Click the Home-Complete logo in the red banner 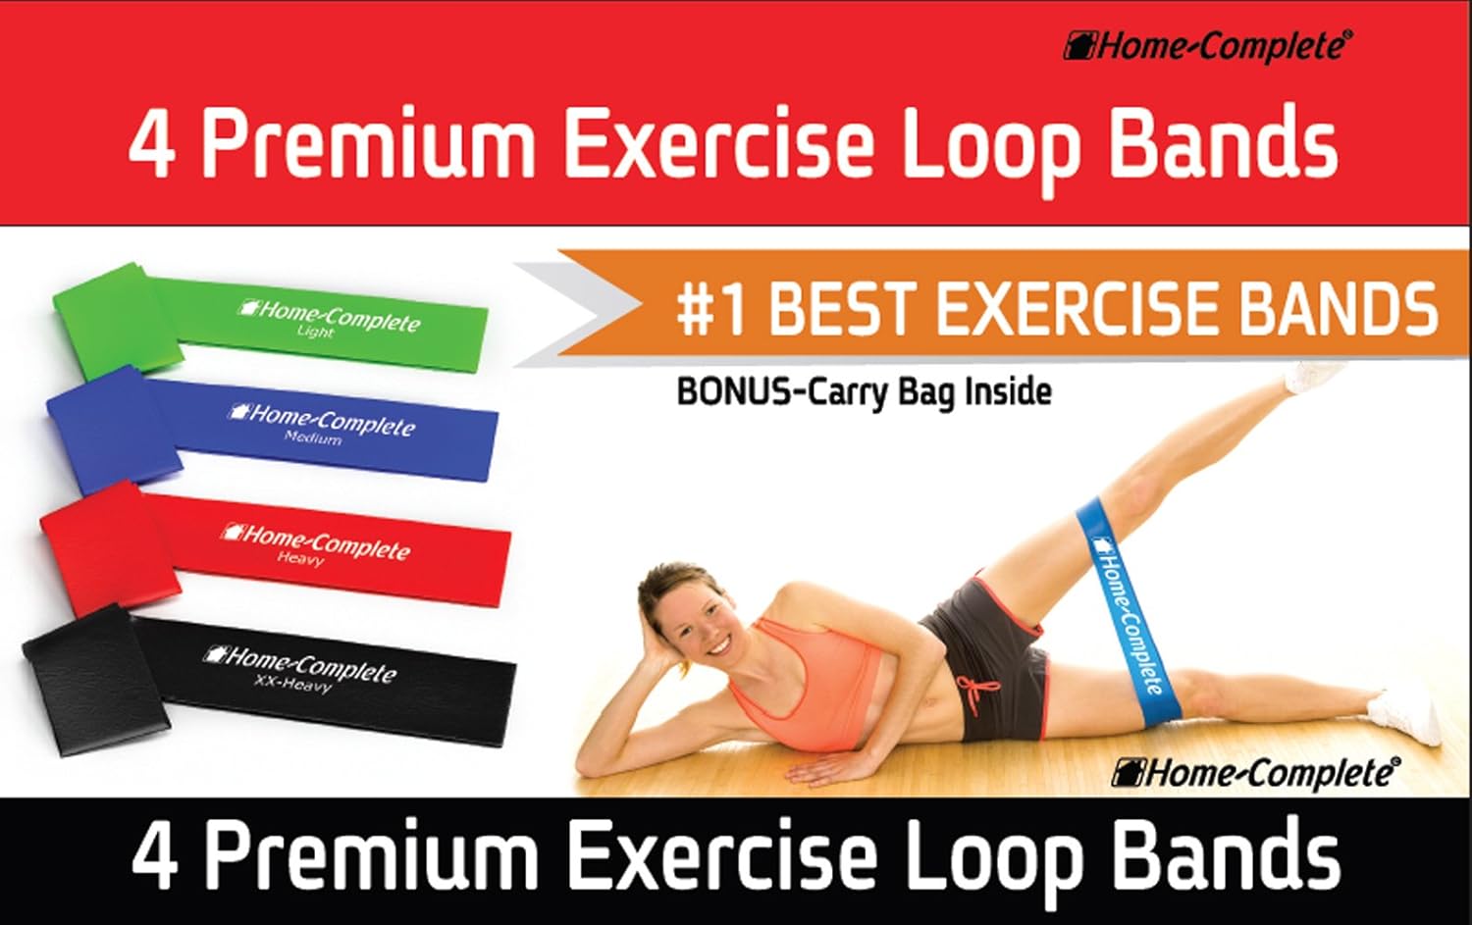[1208, 46]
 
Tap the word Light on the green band [316, 332]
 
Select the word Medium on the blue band [313, 437]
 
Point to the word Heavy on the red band [300, 558]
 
